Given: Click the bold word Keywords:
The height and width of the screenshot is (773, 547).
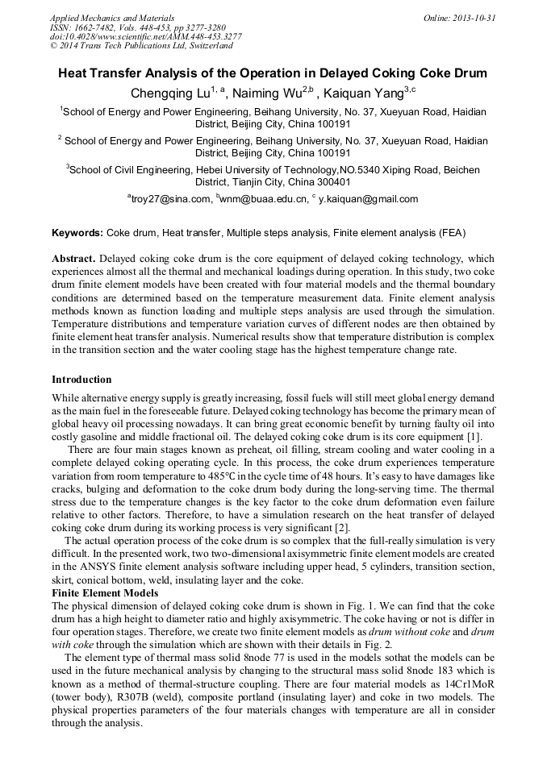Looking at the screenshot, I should tap(77, 233).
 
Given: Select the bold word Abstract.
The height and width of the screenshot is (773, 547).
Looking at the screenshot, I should tap(75, 259).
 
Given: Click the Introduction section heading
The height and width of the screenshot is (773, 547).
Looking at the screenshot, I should tap(81, 379).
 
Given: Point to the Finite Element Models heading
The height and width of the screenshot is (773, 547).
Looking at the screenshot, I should tap(106, 592).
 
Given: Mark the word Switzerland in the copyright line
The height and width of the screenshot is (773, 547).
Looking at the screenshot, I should tap(207, 47).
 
